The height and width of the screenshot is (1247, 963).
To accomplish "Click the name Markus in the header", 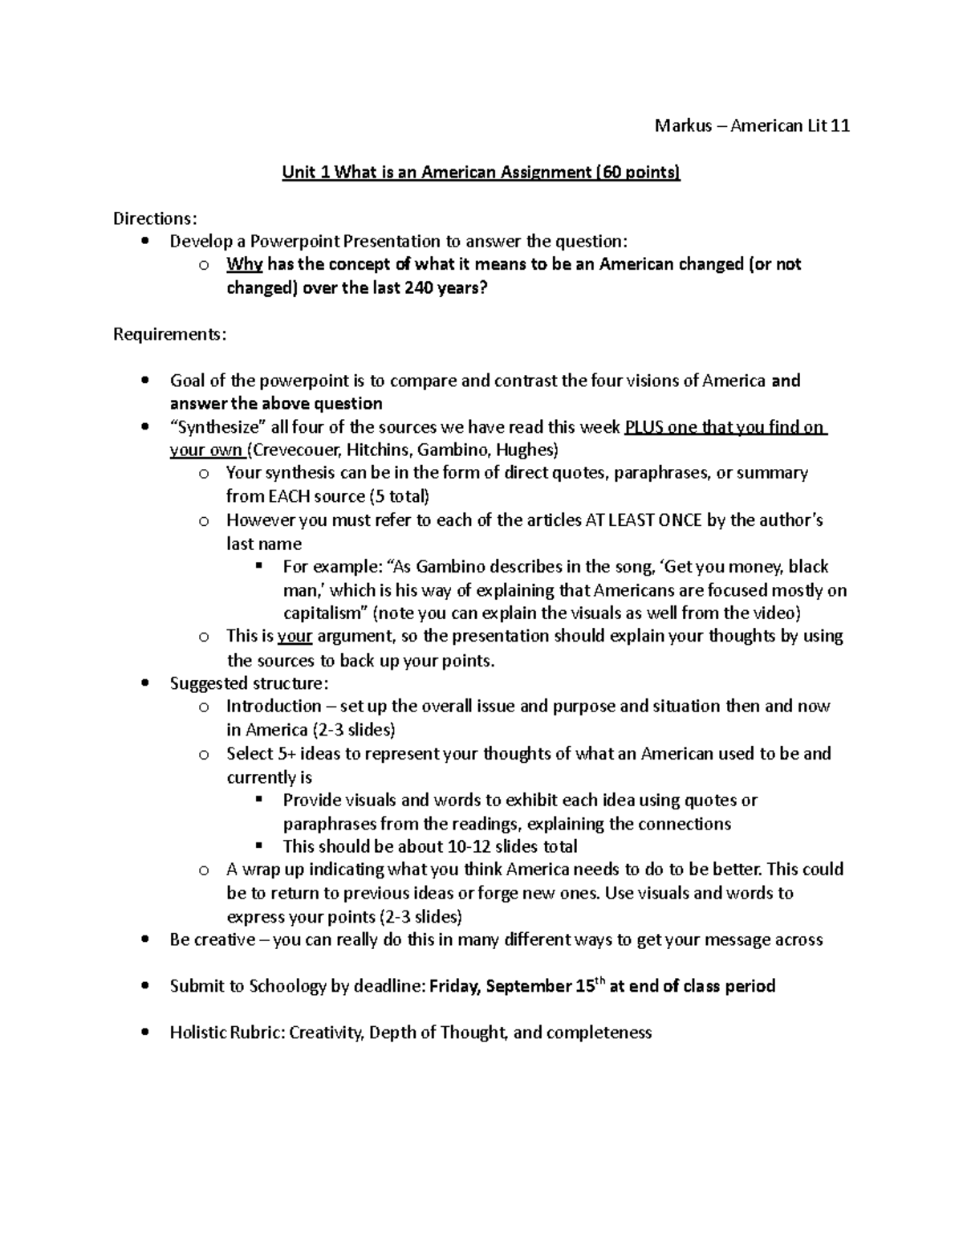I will (683, 125).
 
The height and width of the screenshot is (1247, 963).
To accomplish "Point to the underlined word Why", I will (244, 264).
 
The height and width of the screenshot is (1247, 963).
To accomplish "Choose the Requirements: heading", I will (169, 334).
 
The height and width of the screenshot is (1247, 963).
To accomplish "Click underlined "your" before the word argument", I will (295, 636).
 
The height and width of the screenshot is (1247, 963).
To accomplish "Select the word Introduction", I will (274, 706).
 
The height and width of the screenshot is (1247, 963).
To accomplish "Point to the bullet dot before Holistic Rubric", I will (144, 1033).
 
